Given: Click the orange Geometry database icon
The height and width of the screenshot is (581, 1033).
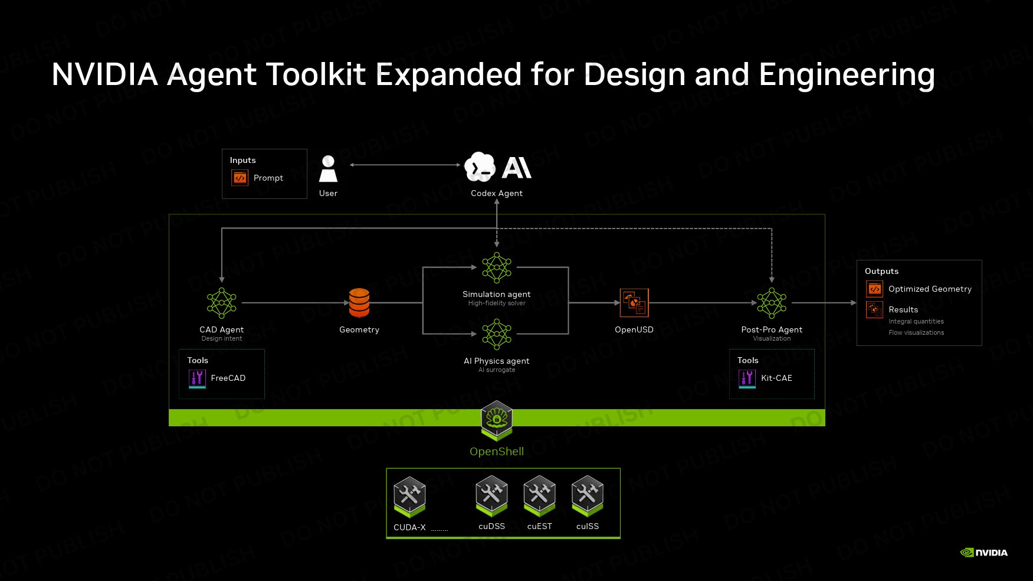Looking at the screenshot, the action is pyautogui.click(x=359, y=303).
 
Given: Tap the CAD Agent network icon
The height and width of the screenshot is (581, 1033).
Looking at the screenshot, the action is pyautogui.click(x=222, y=303).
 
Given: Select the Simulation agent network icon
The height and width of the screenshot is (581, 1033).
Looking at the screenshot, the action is pyautogui.click(x=497, y=267).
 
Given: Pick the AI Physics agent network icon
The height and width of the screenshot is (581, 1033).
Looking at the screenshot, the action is pyautogui.click(x=497, y=334).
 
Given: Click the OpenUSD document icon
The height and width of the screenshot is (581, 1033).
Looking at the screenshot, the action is pyautogui.click(x=634, y=303).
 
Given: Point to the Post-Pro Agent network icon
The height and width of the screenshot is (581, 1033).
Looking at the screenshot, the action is pyautogui.click(x=772, y=303).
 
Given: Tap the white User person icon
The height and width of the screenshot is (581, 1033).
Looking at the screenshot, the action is pyautogui.click(x=328, y=169).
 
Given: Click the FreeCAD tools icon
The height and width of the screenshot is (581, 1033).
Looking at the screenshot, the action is pyautogui.click(x=197, y=378).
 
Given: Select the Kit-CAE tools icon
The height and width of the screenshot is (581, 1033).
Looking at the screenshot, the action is pyautogui.click(x=747, y=378).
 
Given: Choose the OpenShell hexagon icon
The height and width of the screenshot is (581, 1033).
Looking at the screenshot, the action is pyautogui.click(x=497, y=420).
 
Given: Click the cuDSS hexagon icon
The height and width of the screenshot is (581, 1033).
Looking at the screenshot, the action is pyautogui.click(x=491, y=497).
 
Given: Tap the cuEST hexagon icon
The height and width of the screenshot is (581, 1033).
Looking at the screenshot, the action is pyautogui.click(x=539, y=497).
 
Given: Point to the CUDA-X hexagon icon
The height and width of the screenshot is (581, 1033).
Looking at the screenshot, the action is pyautogui.click(x=409, y=497).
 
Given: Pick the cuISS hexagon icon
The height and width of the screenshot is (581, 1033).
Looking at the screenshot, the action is pyautogui.click(x=588, y=497).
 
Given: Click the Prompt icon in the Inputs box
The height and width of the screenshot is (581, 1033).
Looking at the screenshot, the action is pyautogui.click(x=240, y=178).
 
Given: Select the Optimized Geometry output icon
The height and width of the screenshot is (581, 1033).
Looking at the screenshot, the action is pyautogui.click(x=874, y=289).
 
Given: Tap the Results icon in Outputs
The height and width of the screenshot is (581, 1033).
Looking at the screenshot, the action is pyautogui.click(x=874, y=309).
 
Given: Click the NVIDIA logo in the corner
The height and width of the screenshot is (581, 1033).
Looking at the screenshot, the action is pyautogui.click(x=984, y=553).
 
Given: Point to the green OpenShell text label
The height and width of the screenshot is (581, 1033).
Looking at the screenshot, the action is pyautogui.click(x=497, y=452).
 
